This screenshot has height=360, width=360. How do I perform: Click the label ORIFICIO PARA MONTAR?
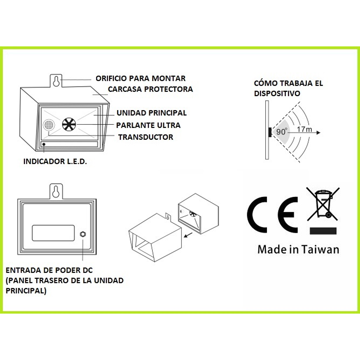[x=140, y=78]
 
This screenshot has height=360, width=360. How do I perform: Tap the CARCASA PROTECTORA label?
[x=150, y=89]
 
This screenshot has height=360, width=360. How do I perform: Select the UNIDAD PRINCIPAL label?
[x=151, y=113]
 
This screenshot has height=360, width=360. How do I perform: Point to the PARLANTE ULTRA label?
[x=148, y=125]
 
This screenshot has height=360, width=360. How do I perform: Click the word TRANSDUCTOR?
[x=145, y=137]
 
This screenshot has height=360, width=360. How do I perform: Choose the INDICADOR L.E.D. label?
[x=55, y=161]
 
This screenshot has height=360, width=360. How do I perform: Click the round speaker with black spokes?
[x=69, y=125]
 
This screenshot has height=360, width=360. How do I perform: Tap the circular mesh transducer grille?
[x=49, y=125]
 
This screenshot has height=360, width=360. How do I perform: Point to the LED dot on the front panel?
[x=44, y=144]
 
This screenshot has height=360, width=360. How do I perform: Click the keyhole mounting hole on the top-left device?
[x=56, y=82]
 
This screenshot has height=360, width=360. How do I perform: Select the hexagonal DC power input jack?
[x=83, y=234]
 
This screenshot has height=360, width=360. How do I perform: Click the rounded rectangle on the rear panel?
[x=53, y=233]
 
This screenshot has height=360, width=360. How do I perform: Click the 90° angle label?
[x=282, y=131]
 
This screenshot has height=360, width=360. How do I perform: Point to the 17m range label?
[x=304, y=129]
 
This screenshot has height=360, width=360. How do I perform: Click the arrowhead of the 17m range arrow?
[x=318, y=132]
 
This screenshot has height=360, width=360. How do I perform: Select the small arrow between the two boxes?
[x=189, y=235]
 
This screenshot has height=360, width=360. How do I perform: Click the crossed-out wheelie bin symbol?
[x=323, y=204]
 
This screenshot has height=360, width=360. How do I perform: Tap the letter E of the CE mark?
[x=288, y=215]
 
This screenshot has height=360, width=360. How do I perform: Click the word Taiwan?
[x=320, y=250]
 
